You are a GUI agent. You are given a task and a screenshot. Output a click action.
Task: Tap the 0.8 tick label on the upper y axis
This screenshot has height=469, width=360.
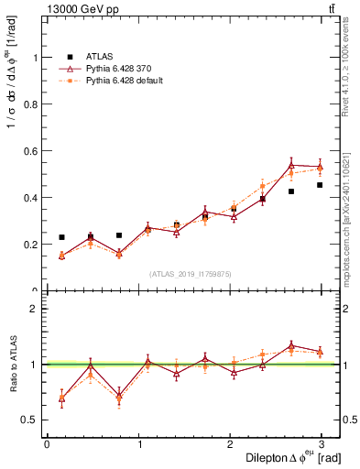[29, 104]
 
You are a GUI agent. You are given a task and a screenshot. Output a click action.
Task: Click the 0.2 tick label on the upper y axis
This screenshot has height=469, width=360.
[29, 244]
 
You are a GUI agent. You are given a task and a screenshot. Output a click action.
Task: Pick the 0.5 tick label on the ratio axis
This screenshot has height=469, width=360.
[29, 420]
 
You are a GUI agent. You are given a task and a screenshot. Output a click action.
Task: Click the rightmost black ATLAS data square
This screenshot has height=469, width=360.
[320, 185]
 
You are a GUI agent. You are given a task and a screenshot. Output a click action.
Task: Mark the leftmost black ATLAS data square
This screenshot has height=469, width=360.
[61, 237]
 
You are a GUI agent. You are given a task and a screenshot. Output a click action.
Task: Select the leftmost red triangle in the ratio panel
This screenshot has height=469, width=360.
[61, 398]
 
